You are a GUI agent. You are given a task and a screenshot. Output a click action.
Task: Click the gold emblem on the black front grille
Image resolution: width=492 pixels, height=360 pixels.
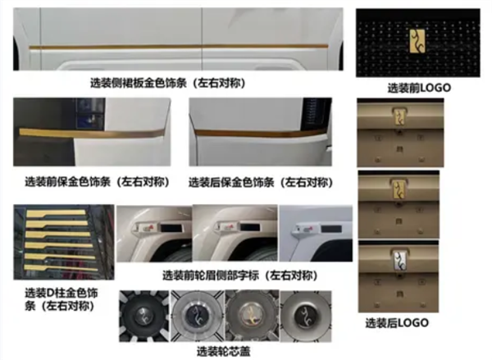coord(417,41)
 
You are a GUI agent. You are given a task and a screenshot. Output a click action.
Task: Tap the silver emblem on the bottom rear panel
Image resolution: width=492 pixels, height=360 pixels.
coord(400,261)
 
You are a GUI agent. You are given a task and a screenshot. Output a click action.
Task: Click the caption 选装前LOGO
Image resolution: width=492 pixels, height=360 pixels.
coord(419,88)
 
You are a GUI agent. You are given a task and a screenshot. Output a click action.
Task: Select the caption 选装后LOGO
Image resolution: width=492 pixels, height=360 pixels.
coord(397,322)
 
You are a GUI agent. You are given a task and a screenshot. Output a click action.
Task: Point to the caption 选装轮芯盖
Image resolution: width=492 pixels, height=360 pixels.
coord(223,351)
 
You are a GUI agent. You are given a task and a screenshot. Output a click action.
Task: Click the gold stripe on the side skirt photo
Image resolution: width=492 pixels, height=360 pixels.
coord(179,47)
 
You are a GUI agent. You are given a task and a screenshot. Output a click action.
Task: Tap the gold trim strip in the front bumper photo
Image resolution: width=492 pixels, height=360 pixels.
coord(92,133)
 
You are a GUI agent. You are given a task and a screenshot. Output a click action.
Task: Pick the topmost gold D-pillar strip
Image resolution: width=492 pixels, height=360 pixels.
coord(56,213)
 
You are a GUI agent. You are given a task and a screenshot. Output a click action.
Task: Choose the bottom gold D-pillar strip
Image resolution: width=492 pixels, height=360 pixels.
coord(61,268)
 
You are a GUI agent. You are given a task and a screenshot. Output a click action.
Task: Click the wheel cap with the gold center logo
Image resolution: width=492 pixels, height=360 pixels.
coord(251,316)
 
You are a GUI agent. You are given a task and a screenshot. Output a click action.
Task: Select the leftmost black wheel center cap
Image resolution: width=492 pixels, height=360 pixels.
coord(144,316)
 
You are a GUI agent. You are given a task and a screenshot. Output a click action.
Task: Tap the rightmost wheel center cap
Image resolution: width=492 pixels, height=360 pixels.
coord(305,316)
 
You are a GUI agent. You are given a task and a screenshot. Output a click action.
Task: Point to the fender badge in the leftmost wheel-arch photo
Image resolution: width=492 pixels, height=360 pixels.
coord(145,228)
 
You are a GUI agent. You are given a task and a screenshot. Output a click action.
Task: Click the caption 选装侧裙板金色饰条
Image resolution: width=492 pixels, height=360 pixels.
coord(139,83)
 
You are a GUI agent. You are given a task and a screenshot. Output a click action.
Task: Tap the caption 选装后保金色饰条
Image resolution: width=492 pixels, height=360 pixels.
coord(231,182)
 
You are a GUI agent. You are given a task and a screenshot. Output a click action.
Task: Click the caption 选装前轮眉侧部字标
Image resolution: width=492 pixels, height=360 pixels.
coord(211,276)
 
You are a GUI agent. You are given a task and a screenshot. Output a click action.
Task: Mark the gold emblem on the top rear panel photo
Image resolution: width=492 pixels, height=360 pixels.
coord(399,116)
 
